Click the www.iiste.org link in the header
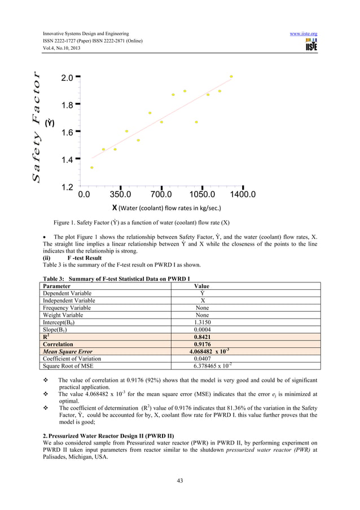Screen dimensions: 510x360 coord(303,34)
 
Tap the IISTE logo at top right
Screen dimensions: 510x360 coord(310,45)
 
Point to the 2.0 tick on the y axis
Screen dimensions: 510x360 coord(67,78)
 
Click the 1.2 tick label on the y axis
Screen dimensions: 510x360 coord(67,186)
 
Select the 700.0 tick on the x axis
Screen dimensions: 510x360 coord(161,195)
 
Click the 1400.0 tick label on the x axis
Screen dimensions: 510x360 coord(242,195)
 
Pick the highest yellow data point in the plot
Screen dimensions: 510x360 coord(231,76)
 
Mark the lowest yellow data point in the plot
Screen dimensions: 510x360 coord(92,168)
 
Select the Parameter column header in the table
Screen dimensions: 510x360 coord(57,286)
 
